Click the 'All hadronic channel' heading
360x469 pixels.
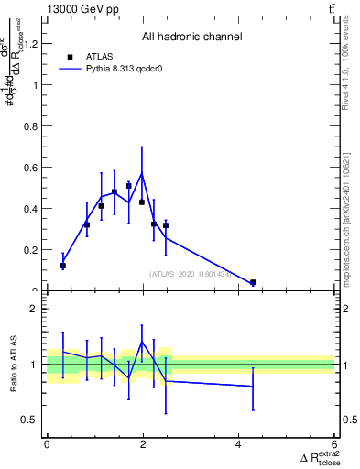[x=191, y=38]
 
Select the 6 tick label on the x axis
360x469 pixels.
[x=334, y=444]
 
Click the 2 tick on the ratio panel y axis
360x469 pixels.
[x=35, y=309]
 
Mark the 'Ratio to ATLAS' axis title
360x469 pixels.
[x=14, y=365]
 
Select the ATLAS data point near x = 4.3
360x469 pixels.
[x=253, y=282]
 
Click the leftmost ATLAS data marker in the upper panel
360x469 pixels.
[x=63, y=266]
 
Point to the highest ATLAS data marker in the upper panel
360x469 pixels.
[x=129, y=185]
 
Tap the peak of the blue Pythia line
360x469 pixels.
[x=141, y=173]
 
